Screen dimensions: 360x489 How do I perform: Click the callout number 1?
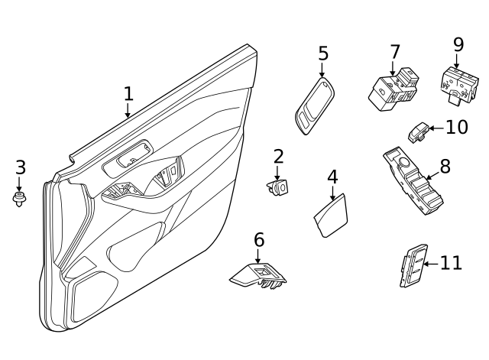(128, 94)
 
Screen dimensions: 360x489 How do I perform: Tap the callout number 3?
(20, 167)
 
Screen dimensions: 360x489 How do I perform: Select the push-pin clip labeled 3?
(19, 199)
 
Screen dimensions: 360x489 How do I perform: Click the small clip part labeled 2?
(279, 186)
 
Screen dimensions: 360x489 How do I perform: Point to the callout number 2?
(278, 157)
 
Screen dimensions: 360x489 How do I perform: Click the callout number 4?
(332, 177)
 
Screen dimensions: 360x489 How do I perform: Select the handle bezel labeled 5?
(314, 106)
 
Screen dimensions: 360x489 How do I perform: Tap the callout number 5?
(323, 54)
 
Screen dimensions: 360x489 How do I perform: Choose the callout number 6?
(259, 239)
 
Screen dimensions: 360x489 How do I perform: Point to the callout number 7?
(394, 52)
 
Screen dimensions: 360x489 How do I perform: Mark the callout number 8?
(445, 166)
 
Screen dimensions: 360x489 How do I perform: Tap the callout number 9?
(458, 44)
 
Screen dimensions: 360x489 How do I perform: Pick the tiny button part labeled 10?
(419, 132)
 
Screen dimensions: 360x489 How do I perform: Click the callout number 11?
(451, 264)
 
